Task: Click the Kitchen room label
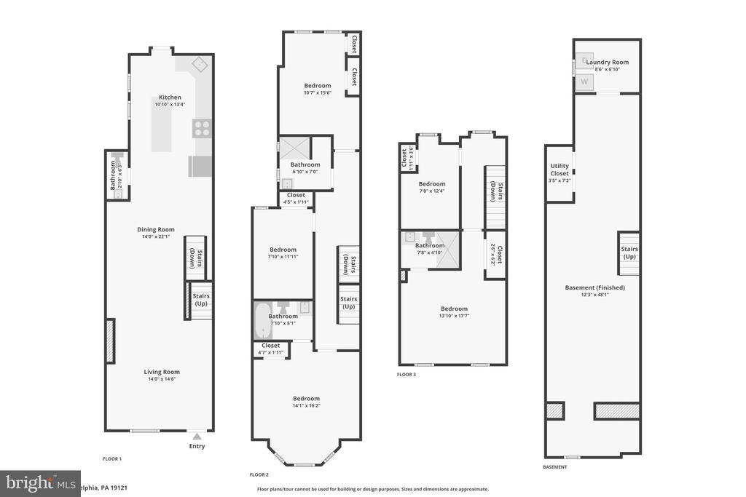170,98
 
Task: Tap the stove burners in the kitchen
202,129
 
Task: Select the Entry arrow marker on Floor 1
197,436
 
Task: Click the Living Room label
161,372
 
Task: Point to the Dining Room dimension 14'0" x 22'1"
155,236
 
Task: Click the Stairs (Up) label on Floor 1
200,299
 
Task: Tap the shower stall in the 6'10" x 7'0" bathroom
295,148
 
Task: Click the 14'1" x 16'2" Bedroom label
306,398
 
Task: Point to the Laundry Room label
607,63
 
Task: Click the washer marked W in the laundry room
584,81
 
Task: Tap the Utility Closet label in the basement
559,170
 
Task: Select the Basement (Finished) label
594,287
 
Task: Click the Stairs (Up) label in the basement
629,253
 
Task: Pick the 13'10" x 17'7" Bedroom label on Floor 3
453,309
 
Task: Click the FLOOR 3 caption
407,374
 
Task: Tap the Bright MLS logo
39,483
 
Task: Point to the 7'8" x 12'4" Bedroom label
431,184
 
